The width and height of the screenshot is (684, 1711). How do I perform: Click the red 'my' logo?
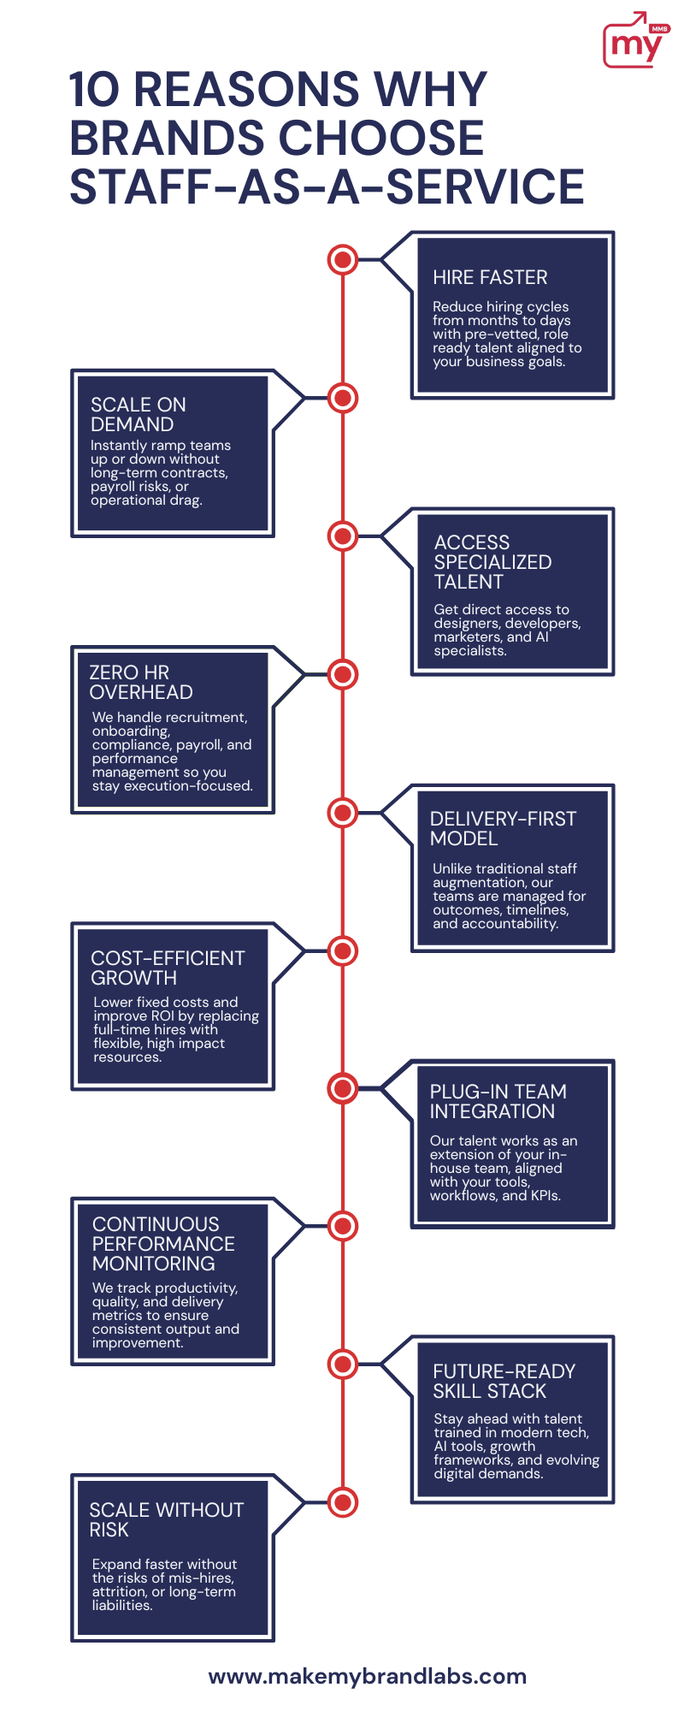(x=636, y=40)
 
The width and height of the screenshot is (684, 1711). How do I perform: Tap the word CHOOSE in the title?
(x=382, y=138)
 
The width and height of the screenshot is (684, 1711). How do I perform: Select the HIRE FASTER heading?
(x=490, y=277)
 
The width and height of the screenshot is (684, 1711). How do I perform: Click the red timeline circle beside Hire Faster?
(x=343, y=259)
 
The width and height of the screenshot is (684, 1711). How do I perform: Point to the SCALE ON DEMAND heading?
(x=138, y=414)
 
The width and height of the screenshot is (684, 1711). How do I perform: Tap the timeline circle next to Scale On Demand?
(x=343, y=398)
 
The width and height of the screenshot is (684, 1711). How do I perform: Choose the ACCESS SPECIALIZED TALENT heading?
(x=492, y=562)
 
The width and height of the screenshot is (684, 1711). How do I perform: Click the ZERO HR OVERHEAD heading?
(x=141, y=682)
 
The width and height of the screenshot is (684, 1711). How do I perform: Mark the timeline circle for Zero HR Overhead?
(x=343, y=674)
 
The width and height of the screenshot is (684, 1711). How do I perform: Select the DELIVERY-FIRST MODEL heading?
(x=503, y=828)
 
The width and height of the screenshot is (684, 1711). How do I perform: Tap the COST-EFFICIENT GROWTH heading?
(x=168, y=968)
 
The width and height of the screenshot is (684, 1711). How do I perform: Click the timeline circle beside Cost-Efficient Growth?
(x=343, y=950)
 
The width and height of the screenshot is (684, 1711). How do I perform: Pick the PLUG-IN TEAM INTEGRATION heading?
(x=498, y=1101)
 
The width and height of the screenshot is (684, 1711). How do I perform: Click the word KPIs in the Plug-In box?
(x=545, y=1195)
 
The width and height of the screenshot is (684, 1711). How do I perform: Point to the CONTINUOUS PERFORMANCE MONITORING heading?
(x=163, y=1243)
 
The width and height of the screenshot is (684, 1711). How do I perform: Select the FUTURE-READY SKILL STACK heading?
(x=504, y=1381)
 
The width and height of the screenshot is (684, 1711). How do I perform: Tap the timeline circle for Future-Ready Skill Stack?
(x=343, y=1364)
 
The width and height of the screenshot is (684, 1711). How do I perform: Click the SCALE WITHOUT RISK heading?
(x=167, y=1519)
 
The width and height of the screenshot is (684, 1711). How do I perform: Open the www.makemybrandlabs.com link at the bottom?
(x=368, y=1676)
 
